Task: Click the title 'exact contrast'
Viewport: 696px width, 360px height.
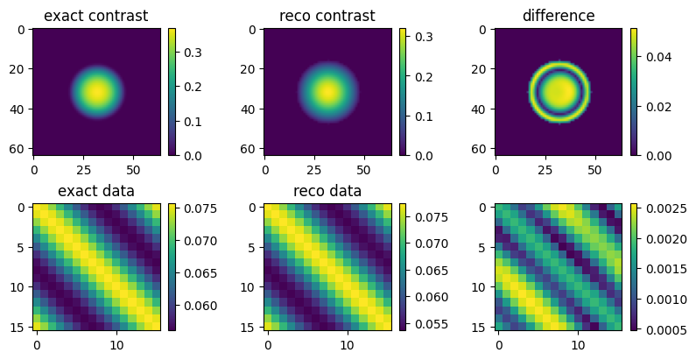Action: pos(96,16)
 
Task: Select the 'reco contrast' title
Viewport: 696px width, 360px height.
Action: pos(327,16)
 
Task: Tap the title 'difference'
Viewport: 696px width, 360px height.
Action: pos(558,16)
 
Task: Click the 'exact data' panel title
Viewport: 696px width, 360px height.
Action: pos(96,191)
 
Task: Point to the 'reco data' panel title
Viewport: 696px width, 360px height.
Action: pos(327,191)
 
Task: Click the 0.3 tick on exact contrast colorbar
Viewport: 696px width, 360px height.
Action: pos(186,53)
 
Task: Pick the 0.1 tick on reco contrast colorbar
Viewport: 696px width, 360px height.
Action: pos(418,116)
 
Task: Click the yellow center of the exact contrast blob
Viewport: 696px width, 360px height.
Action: pos(96,91)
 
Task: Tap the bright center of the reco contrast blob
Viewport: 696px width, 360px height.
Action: pos(327,91)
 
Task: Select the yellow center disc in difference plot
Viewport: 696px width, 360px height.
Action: pos(558,91)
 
